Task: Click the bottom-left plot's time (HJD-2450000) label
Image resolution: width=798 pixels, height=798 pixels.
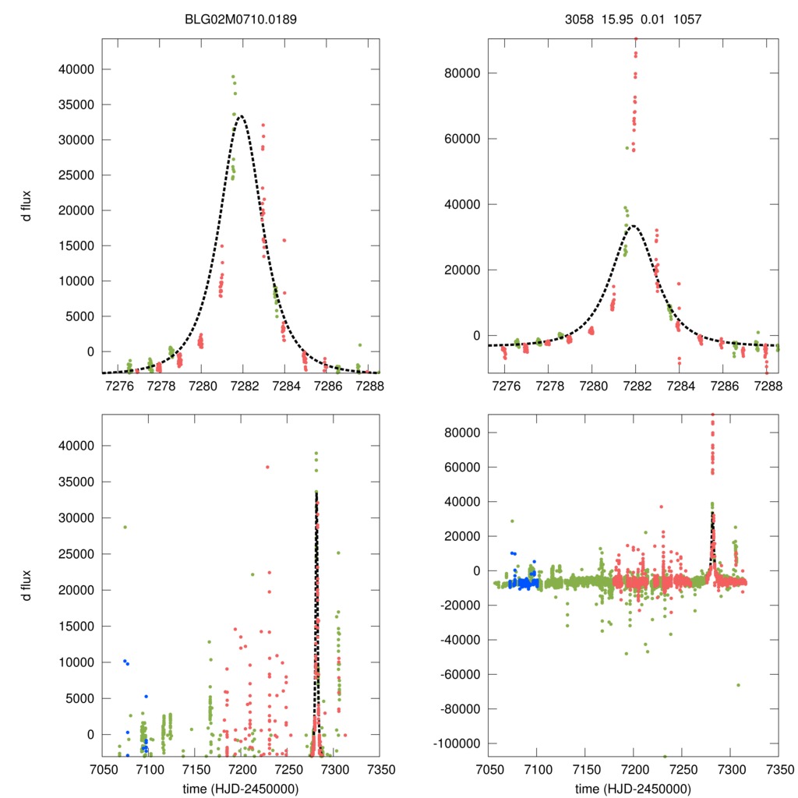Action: click(241, 789)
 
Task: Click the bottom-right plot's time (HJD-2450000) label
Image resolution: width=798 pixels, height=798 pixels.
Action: click(633, 789)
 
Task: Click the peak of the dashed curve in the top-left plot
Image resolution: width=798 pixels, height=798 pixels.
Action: click(242, 116)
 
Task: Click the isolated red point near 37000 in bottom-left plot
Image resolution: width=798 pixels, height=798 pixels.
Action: click(267, 467)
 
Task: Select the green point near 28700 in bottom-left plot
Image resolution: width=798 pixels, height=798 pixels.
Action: click(125, 527)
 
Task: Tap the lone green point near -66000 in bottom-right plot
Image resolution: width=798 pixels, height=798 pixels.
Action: click(738, 685)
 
